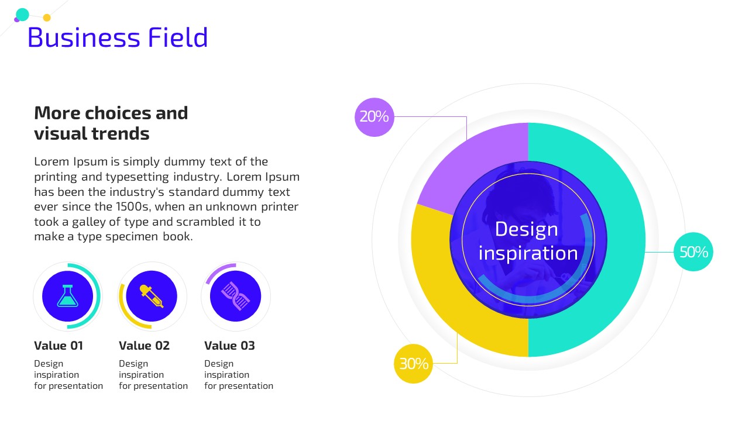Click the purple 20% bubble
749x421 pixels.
[x=374, y=118]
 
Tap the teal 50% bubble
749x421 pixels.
[x=693, y=251]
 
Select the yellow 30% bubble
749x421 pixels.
[x=414, y=364]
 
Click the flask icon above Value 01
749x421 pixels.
[x=67, y=296]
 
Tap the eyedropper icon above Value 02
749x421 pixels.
[x=152, y=296]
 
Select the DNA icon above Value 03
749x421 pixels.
[x=235, y=296]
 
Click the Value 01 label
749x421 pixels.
[x=59, y=346]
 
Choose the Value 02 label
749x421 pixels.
[x=144, y=346]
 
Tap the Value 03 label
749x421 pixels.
[x=229, y=346]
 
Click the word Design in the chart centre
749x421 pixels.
[x=526, y=230]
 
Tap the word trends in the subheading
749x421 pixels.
[x=121, y=133]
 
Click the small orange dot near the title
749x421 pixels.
[x=47, y=18]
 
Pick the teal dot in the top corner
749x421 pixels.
[x=22, y=15]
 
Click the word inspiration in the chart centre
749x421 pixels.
[x=528, y=253]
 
